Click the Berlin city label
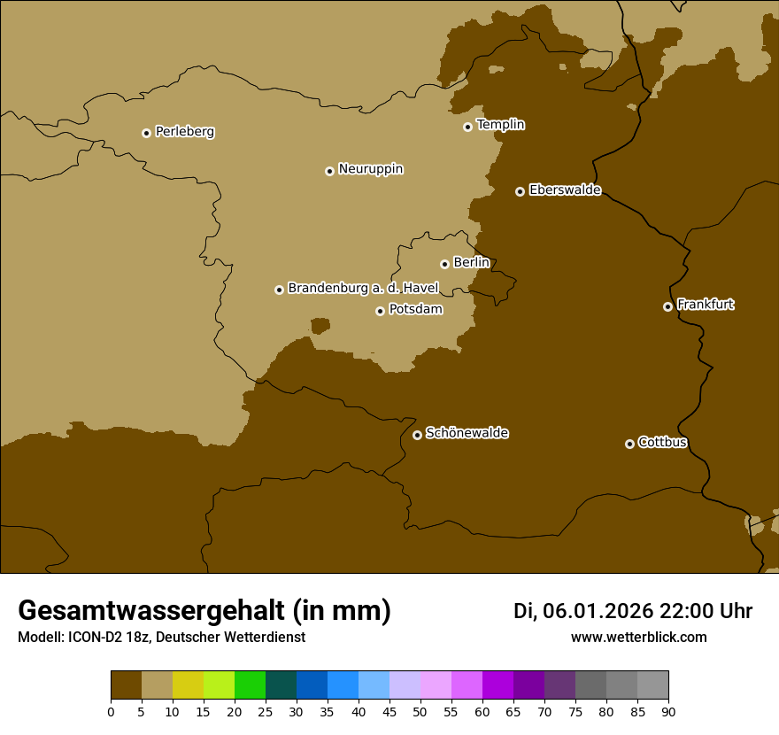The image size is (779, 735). coord(471,262)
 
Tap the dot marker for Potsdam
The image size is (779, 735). coord(381,311)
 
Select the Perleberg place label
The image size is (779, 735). coord(184,131)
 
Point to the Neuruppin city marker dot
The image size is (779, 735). coord(329,171)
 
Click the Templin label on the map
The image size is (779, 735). coord(500,125)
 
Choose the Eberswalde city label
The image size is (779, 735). coord(565,190)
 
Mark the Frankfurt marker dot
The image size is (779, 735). coord(667,306)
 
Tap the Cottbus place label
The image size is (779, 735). coord(662,442)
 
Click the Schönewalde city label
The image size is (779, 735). coord(467,433)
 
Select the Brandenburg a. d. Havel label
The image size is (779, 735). coord(363,288)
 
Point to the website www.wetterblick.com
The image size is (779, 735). coord(638,637)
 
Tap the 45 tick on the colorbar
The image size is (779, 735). coord(389,711)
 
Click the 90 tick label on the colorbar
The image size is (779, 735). coord(668,711)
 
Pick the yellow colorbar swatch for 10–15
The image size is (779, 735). coord(188,685)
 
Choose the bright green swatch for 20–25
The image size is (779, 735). coord(250,685)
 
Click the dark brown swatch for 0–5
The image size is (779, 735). coord(126,685)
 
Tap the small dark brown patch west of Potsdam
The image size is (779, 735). coord(320,326)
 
